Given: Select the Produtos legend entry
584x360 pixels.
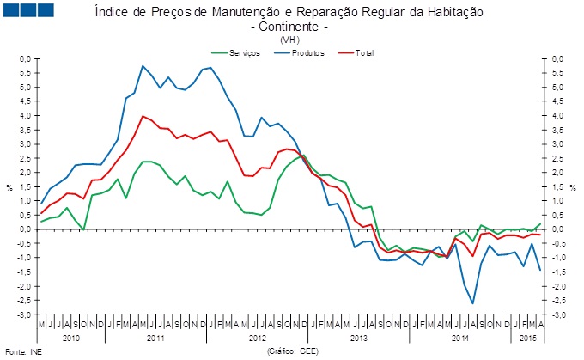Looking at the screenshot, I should point(306,53).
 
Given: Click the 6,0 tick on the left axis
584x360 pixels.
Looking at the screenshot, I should point(26,58).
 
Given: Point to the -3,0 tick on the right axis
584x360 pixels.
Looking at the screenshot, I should point(557,315).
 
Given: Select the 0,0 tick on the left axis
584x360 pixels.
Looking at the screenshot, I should point(26,229).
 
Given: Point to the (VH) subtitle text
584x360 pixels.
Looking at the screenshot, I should point(289,39).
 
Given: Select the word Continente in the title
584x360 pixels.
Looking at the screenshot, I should point(289,27).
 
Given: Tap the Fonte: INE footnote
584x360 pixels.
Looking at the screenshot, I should point(23,352).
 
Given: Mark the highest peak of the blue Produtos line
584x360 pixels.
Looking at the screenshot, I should point(143,66).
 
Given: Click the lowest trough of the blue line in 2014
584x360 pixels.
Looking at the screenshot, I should point(472,303).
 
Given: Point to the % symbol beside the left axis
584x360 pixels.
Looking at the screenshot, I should point(9,186).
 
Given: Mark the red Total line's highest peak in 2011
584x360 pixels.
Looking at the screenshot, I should point(143,116).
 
